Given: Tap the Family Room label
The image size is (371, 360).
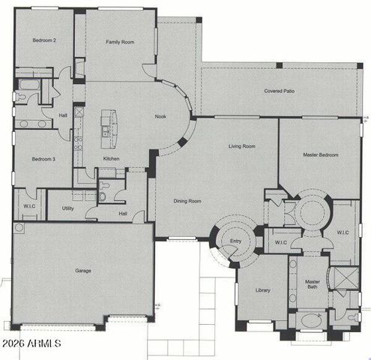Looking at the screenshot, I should (119, 43).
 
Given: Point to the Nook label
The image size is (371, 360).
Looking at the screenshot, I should (160, 116).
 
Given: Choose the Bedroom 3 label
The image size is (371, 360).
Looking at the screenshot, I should (41, 159).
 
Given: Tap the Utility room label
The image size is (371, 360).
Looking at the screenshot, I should (67, 208).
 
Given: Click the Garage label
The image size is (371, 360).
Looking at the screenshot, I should (83, 270).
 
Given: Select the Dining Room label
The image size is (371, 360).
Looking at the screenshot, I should (188, 201).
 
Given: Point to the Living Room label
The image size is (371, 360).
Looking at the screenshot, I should (242, 146).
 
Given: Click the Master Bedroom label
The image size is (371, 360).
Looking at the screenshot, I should (320, 155).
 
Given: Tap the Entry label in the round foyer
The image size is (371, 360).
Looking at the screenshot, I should (235, 241).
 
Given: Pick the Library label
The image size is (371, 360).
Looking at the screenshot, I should (262, 290).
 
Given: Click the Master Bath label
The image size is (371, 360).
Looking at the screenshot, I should (313, 287).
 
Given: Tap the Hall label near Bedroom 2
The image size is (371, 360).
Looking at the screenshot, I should (63, 115).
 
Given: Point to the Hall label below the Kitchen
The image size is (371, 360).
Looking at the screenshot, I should (123, 213).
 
